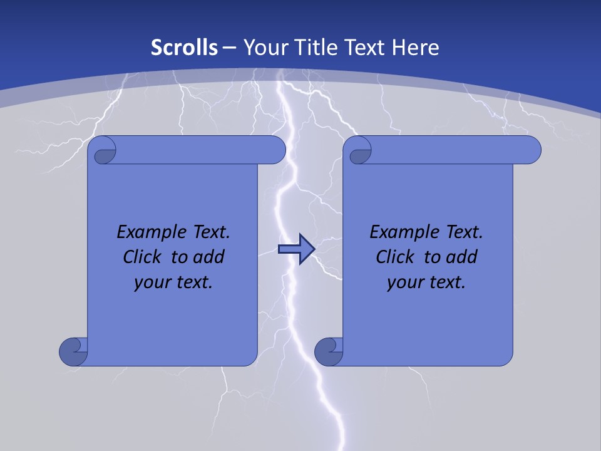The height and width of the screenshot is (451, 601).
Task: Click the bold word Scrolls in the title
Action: click(x=185, y=47)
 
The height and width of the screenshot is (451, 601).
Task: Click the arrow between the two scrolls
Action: click(x=296, y=250)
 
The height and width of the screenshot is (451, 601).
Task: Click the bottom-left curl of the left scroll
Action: click(x=73, y=351)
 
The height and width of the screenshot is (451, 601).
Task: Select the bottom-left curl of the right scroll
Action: click(x=327, y=351)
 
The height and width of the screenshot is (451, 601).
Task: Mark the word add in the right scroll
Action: click(x=463, y=257)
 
